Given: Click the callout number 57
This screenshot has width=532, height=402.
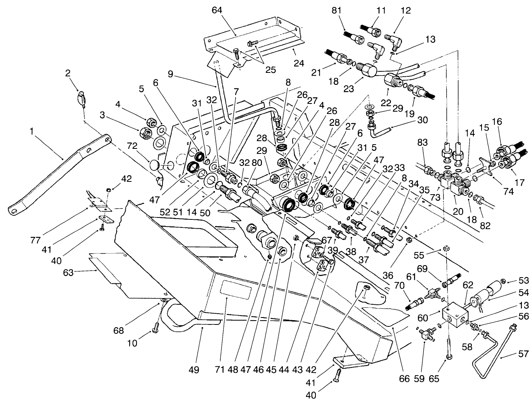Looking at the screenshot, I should coord(523,354).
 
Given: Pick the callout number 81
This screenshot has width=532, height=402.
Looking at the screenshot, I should coord(336,10).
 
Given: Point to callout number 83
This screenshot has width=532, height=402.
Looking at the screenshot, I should coord(423,143).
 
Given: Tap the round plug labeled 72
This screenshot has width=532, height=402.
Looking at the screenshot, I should coord(156,166).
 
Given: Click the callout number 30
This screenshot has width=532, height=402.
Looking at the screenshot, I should coord(422,120).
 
